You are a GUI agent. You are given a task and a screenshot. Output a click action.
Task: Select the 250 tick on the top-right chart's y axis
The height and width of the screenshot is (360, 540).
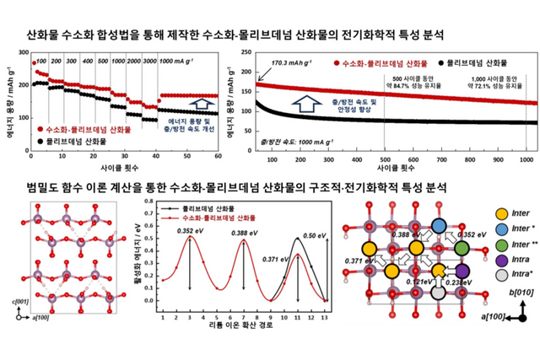pos(258,53)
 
